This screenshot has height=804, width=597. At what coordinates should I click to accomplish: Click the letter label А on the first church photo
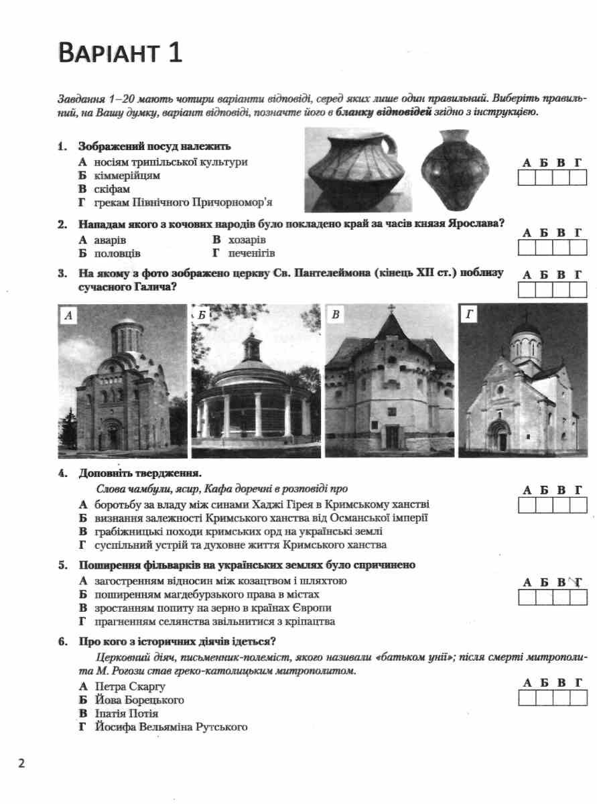[67, 314]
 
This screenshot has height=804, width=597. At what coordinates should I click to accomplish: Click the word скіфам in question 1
[112, 190]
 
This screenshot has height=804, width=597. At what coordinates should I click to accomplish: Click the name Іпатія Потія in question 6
[127, 714]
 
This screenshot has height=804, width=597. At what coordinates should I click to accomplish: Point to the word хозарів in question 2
[249, 239]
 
